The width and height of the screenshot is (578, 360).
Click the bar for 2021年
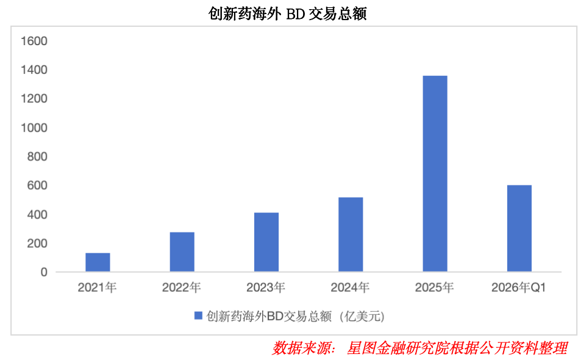tap(98, 262)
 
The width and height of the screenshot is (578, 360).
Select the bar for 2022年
tap(182, 252)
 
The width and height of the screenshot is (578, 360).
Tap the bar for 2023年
tap(266, 242)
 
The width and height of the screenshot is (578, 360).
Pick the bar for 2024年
tap(351, 234)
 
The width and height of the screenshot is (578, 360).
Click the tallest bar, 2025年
tap(435, 174)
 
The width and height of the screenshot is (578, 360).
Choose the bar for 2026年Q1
tap(519, 228)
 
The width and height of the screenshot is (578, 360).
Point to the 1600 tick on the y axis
tap(34, 41)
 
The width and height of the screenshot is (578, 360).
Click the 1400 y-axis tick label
tap(34, 70)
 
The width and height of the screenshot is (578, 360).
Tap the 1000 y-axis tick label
tap(34, 128)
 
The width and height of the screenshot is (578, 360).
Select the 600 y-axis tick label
tap(38, 185)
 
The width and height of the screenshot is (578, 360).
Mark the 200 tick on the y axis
tap(38, 243)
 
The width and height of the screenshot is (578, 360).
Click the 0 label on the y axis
tap(44, 272)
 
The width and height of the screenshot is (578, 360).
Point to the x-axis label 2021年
tap(97, 287)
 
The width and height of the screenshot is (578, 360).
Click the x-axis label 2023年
tap(266, 287)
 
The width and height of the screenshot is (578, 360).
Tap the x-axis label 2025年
tap(434, 287)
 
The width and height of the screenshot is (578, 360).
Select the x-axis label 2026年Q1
tap(519, 287)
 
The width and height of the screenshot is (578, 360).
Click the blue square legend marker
tap(198, 315)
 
